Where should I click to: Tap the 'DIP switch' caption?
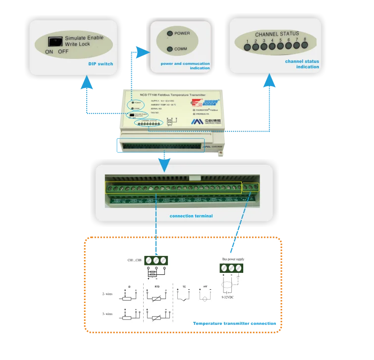click(101, 64)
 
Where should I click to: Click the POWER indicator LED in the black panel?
click(170, 34)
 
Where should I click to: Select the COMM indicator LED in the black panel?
click(170, 49)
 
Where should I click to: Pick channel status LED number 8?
click(305, 46)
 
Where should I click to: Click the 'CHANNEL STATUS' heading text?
click(276, 34)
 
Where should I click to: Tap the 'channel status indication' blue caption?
click(302, 64)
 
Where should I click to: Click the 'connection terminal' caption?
click(191, 216)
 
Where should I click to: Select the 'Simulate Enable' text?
click(84, 38)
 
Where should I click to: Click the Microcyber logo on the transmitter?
click(198, 121)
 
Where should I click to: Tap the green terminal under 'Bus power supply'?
click(231, 268)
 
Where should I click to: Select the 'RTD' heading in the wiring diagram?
click(157, 286)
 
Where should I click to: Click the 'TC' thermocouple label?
click(184, 286)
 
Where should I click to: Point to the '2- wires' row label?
click(107, 294)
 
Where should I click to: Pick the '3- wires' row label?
click(107, 314)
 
